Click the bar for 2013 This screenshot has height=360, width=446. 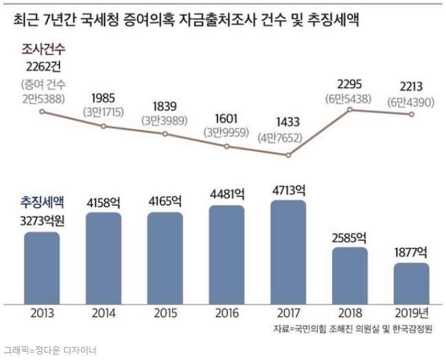[42, 267]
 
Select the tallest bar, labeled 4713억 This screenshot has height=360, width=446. [288, 251]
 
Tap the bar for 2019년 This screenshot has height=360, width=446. [412, 283]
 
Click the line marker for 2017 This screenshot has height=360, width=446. [288, 156]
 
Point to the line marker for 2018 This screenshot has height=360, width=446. [350, 109]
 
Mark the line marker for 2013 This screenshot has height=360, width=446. [42, 110]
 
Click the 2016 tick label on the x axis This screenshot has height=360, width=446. [226, 314]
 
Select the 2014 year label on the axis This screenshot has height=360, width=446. [104, 314]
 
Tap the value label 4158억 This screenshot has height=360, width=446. [104, 203]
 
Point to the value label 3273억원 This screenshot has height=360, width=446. [42, 221]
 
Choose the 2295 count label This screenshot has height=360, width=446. [350, 85]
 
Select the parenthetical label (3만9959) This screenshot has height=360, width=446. [226, 133]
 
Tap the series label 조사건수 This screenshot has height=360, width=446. [43, 49]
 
